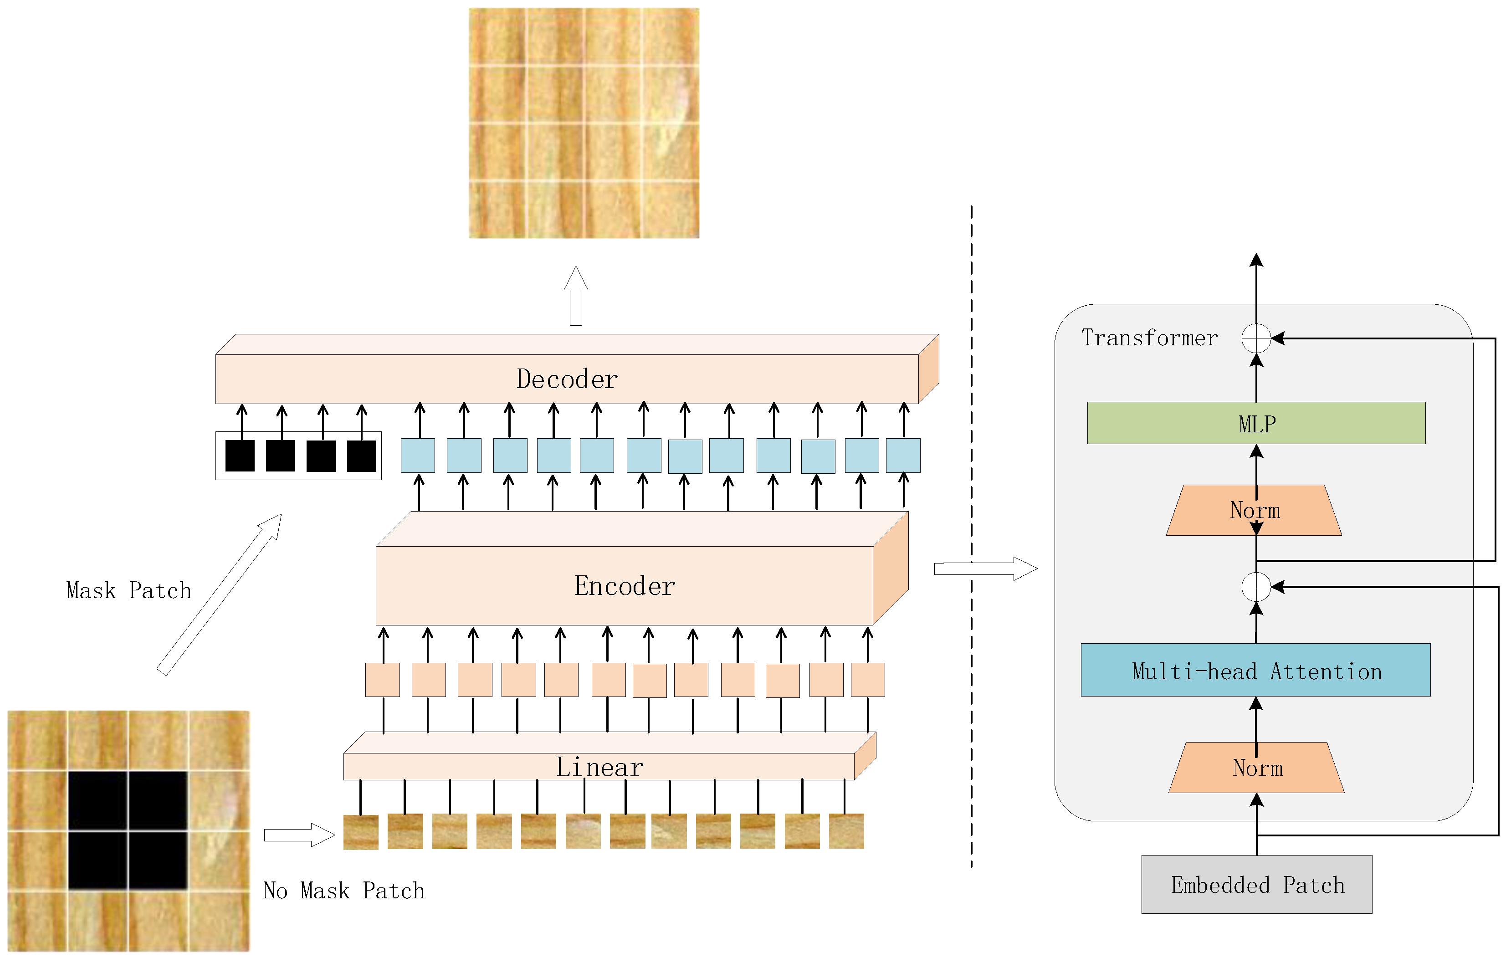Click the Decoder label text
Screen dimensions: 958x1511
click(567, 379)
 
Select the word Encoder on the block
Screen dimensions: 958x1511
click(625, 586)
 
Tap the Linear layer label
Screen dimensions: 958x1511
click(599, 767)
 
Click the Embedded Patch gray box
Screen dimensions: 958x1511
click(1256, 885)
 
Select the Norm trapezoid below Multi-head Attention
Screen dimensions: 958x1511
click(1256, 768)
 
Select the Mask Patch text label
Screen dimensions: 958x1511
click(128, 590)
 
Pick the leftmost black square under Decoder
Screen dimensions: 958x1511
click(240, 456)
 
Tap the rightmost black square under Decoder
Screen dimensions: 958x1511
click(361, 456)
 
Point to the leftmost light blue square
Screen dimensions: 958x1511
click(417, 456)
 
